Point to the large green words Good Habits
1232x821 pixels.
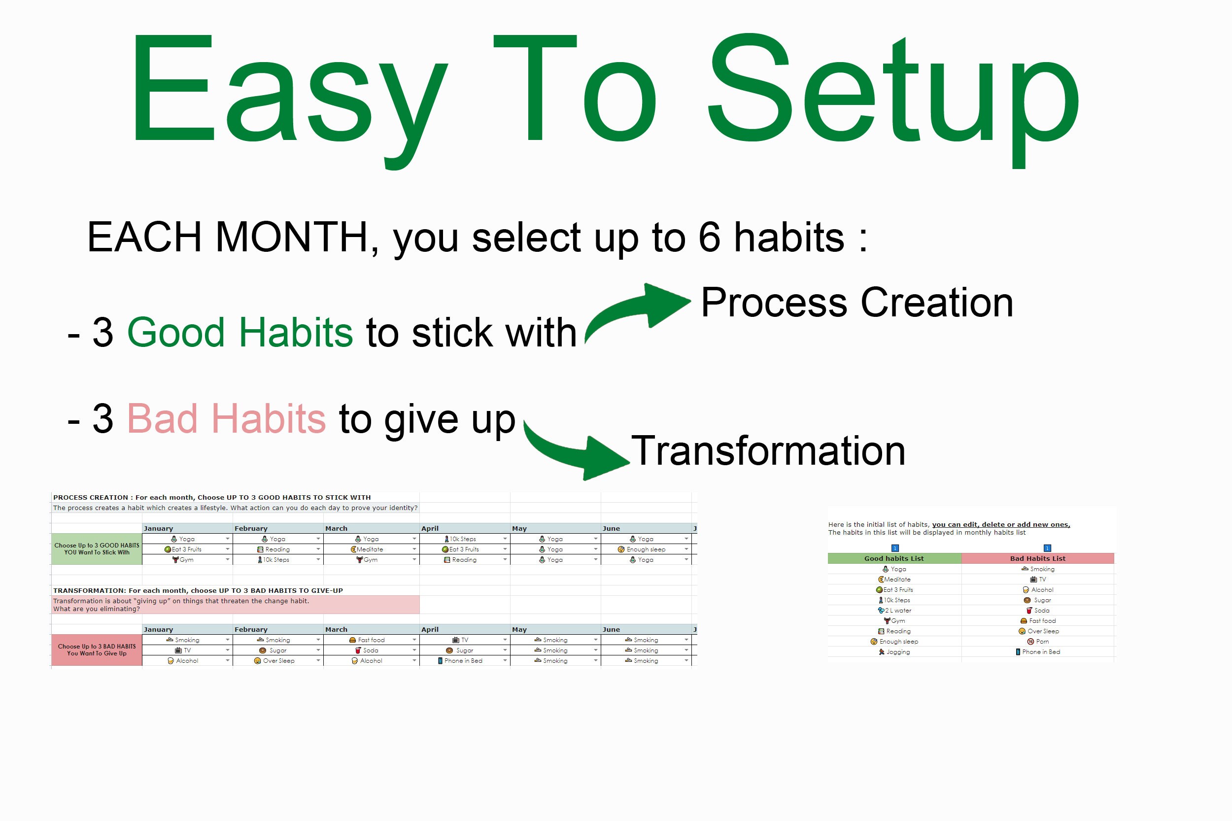pos(240,332)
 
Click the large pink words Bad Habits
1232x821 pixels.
pos(226,418)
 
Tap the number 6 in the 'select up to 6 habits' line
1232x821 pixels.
pos(709,237)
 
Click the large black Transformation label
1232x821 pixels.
pos(768,451)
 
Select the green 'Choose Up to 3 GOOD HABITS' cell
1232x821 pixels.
pos(97,549)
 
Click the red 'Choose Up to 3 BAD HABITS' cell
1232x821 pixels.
pos(97,650)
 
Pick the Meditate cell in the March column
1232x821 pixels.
pos(370,549)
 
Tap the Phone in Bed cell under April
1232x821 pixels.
pos(463,661)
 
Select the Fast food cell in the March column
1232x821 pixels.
pos(371,640)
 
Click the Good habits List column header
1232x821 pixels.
pos(894,559)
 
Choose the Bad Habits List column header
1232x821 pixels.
pos(1037,559)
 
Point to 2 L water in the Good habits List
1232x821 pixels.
pos(897,611)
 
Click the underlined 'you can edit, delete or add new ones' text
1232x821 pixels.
pos(1000,524)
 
